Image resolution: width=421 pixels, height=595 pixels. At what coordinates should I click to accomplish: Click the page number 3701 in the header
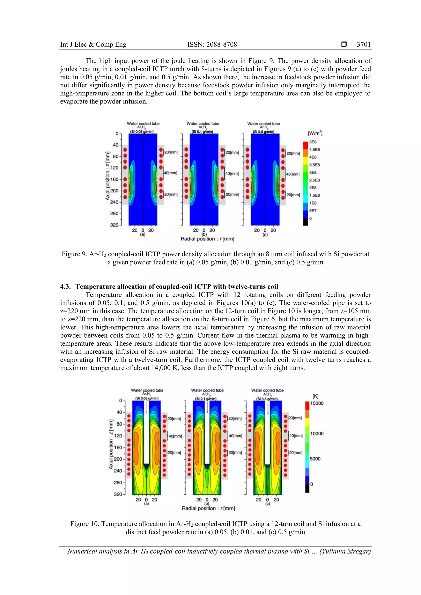pyautogui.click(x=363, y=45)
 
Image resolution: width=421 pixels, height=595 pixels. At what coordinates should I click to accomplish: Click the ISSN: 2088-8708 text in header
pyautogui.click(x=212, y=45)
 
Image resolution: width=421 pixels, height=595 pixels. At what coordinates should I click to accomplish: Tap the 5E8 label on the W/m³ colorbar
pyautogui.click(x=313, y=142)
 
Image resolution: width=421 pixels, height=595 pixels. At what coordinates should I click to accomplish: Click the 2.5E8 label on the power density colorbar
pyautogui.click(x=314, y=180)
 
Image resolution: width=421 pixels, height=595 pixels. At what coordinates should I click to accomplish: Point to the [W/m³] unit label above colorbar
pyautogui.click(x=315, y=133)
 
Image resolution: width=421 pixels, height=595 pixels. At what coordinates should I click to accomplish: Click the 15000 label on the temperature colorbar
pyautogui.click(x=317, y=403)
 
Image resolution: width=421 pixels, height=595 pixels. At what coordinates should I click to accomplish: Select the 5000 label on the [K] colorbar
pyautogui.click(x=315, y=459)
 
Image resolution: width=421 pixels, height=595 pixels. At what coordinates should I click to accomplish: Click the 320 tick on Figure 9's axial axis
pyautogui.click(x=114, y=225)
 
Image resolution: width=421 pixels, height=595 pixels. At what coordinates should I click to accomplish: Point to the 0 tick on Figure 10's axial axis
pyautogui.click(x=120, y=401)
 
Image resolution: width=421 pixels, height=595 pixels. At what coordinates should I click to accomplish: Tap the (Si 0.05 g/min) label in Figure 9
pyautogui.click(x=142, y=132)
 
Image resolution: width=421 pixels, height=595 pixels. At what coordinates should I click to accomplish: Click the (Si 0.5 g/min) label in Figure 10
pyautogui.click(x=267, y=399)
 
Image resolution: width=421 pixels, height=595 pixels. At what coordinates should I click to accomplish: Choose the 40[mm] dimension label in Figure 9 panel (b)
pyautogui.click(x=232, y=173)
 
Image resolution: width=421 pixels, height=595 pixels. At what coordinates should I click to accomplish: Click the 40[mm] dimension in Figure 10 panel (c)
pyautogui.click(x=296, y=436)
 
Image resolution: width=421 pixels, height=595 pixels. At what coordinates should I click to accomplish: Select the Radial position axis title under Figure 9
pyautogui.click(x=207, y=239)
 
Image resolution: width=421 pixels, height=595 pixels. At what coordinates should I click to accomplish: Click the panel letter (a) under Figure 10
pyautogui.click(x=146, y=504)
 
